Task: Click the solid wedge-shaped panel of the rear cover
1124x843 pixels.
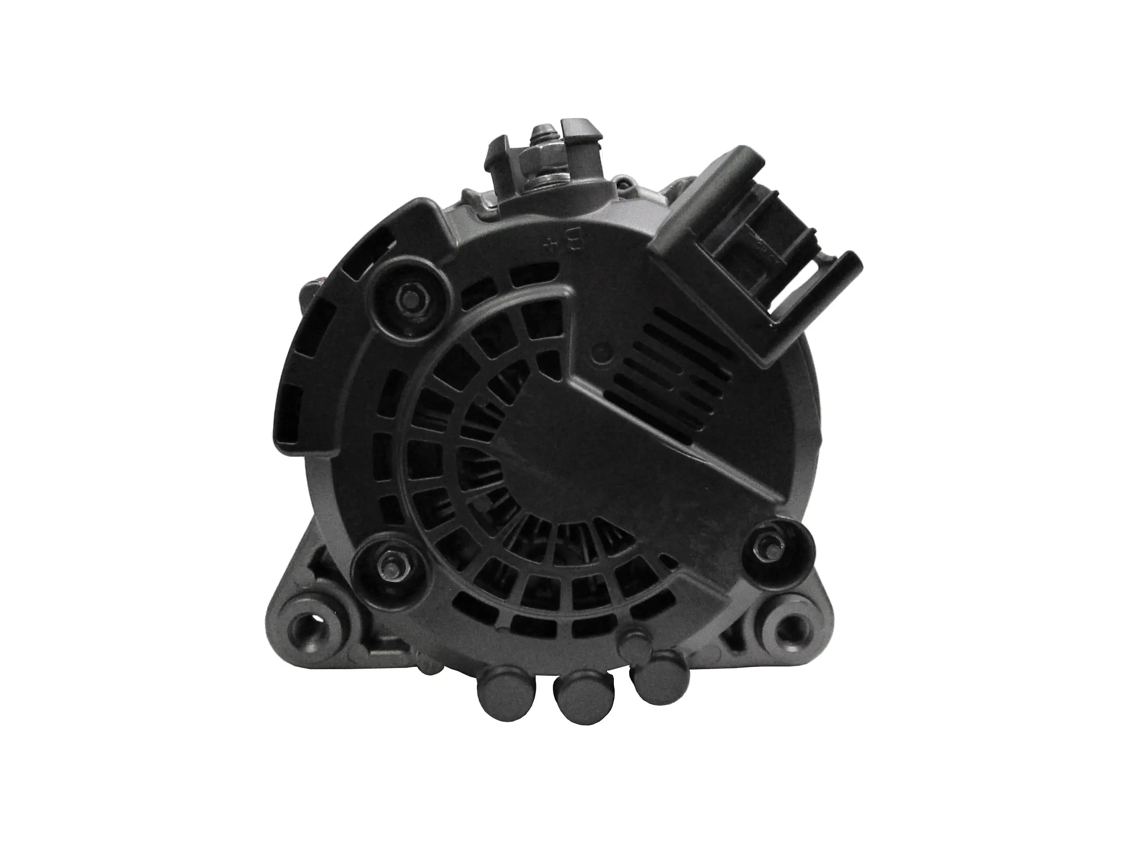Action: (x=600, y=458)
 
